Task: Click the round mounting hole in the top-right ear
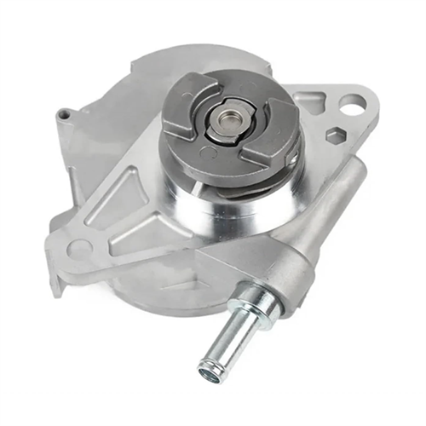pos(349,105)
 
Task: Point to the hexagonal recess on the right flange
pos(336,135)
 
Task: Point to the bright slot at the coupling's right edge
pos(292,157)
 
